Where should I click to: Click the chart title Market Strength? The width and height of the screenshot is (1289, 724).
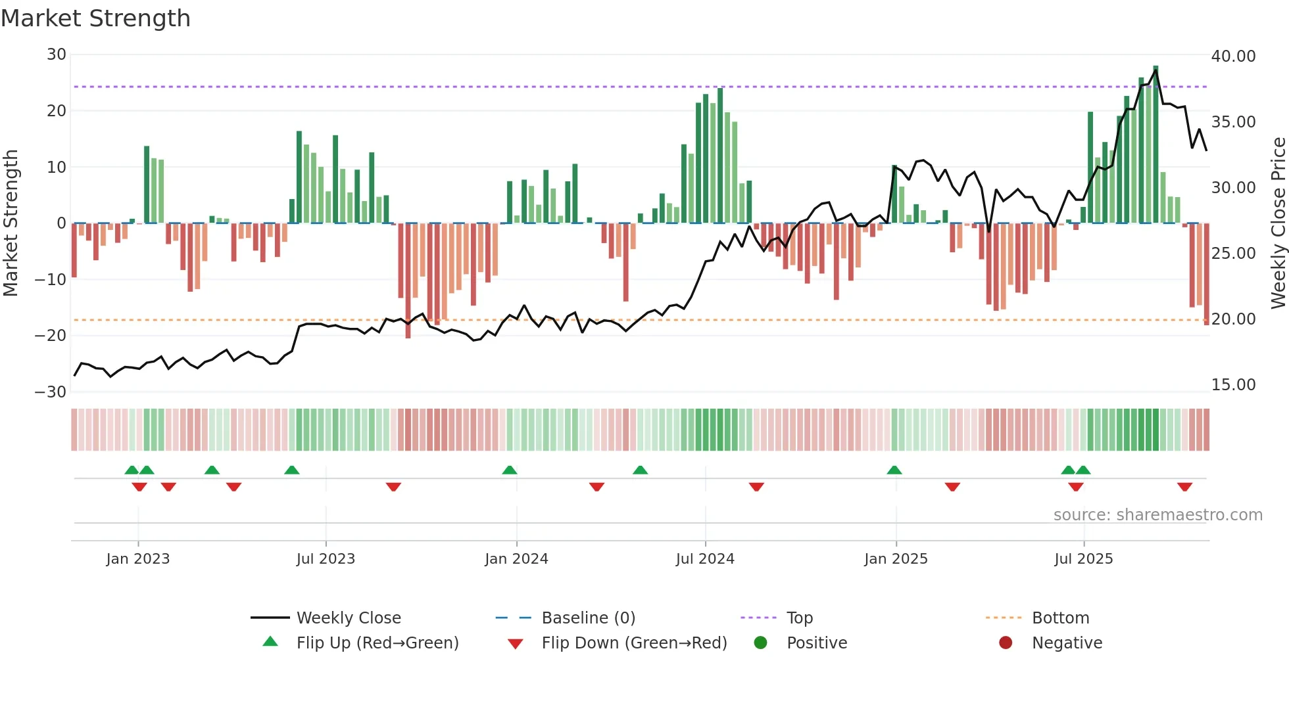click(95, 18)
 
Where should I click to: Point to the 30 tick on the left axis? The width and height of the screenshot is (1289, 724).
click(57, 55)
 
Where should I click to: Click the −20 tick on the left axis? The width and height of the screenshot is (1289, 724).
click(51, 336)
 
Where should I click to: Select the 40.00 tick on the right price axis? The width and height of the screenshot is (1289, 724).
click(1233, 57)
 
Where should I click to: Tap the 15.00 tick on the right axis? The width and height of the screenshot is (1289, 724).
click(1233, 385)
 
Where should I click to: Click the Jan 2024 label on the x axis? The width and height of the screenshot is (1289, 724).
click(516, 559)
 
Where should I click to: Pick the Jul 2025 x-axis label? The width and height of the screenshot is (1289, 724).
click(1083, 559)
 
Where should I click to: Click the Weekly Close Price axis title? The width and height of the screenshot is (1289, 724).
click(1278, 223)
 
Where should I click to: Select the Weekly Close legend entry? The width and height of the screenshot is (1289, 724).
click(348, 618)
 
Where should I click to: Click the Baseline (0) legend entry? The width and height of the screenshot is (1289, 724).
click(588, 618)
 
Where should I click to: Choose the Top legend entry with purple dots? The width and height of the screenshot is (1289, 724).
click(799, 618)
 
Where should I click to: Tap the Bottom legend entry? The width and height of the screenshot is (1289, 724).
click(1060, 618)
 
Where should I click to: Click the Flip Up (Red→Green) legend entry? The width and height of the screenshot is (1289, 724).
click(377, 643)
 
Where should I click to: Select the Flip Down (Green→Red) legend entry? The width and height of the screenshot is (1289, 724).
click(634, 643)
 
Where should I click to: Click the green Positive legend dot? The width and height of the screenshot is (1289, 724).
click(761, 643)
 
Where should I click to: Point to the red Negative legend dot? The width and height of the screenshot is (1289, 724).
click(1006, 643)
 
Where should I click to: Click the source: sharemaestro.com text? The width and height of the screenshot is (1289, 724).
click(1157, 515)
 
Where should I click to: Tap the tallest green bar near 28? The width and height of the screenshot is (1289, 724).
click(1155, 145)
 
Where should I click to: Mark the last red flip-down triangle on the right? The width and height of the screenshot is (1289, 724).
click(1184, 487)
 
